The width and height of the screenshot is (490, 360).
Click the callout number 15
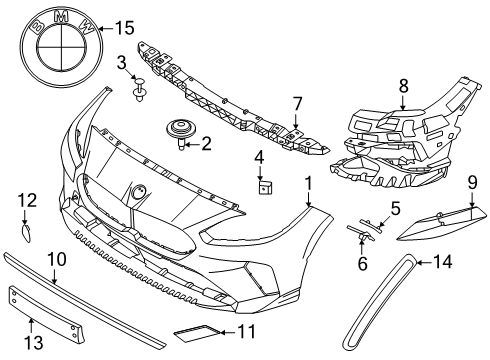(x=125, y=28)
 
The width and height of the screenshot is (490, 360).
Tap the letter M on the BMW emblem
(x=61, y=17)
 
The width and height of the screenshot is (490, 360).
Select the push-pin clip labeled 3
(x=140, y=89)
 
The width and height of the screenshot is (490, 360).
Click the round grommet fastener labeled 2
(x=180, y=134)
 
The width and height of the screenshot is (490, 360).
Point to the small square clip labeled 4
(x=265, y=188)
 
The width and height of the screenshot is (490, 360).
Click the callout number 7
(x=297, y=104)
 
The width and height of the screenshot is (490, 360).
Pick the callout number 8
(x=403, y=86)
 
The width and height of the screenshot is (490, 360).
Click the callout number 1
(x=309, y=184)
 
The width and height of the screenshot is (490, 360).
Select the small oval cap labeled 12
(x=26, y=232)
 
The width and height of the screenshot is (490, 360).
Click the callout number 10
(x=57, y=259)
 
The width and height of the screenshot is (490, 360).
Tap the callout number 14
(x=443, y=262)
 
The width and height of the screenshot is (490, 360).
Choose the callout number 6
(x=362, y=263)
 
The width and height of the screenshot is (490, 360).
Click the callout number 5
(x=395, y=209)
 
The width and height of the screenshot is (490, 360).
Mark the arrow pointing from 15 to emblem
(x=106, y=29)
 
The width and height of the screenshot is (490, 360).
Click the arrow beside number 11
(x=228, y=332)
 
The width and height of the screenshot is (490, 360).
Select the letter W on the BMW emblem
(x=86, y=27)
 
